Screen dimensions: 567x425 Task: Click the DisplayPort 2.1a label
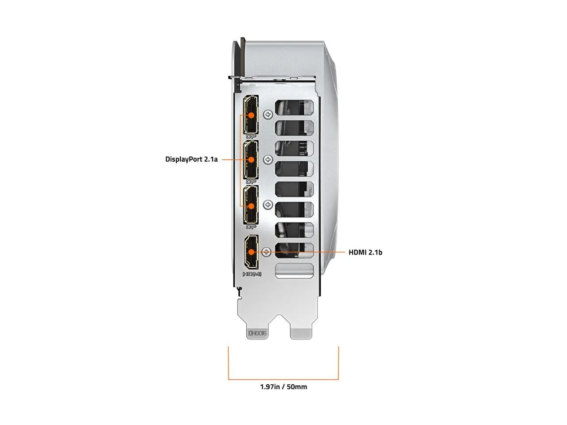tap(191, 159)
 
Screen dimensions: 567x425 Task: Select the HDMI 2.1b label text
tap(365, 252)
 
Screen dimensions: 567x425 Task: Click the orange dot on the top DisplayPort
tap(251, 115)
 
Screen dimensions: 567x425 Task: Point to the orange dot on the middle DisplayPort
tap(251, 160)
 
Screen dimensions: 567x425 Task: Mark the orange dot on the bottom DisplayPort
tap(251, 206)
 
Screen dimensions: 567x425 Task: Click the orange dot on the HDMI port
tap(251, 252)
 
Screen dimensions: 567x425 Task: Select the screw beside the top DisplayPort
tap(268, 114)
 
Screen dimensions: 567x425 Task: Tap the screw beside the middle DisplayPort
tap(268, 160)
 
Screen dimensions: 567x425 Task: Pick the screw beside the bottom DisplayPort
tap(268, 205)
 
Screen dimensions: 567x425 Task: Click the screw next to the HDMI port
tap(266, 252)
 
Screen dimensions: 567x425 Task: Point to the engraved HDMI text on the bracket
tap(252, 274)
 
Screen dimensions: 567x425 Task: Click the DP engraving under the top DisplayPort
tap(251, 136)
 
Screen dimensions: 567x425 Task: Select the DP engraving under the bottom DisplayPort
tap(251, 227)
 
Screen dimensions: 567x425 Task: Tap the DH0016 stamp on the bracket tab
tap(257, 333)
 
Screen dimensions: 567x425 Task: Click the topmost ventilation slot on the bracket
tap(294, 107)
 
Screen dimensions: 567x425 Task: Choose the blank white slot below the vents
tap(295, 271)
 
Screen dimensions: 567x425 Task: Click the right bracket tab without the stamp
tap(301, 334)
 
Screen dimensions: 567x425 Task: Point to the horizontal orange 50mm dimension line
tap(283, 379)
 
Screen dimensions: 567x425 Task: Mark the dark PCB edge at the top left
tap(243, 57)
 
